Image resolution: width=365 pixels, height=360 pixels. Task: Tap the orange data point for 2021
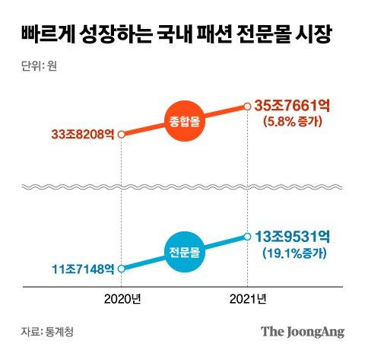click(247, 107)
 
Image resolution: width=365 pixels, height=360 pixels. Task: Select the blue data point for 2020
click(122, 268)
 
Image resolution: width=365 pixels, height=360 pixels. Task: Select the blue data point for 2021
click(247, 237)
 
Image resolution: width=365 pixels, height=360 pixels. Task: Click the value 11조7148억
click(83, 269)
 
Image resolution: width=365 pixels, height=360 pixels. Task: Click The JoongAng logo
click(303, 332)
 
